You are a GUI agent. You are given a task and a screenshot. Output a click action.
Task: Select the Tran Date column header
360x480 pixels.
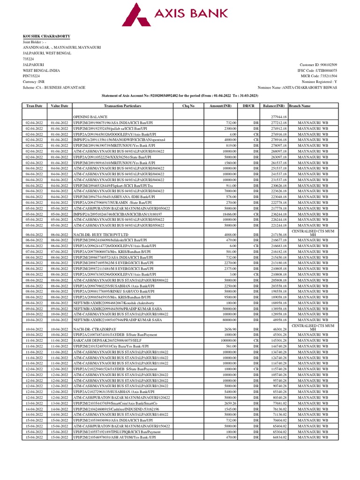(35, 106)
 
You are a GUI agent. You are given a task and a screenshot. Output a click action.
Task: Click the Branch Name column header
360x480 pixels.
(300, 106)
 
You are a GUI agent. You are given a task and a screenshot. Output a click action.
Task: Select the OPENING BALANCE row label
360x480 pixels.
(88, 117)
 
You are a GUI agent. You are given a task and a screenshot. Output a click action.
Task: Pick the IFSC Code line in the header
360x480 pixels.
(317, 70)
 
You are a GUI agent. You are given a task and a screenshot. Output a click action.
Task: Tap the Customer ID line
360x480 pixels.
(316, 65)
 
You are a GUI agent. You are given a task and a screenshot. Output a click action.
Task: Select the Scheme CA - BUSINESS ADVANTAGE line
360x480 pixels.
(54, 88)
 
